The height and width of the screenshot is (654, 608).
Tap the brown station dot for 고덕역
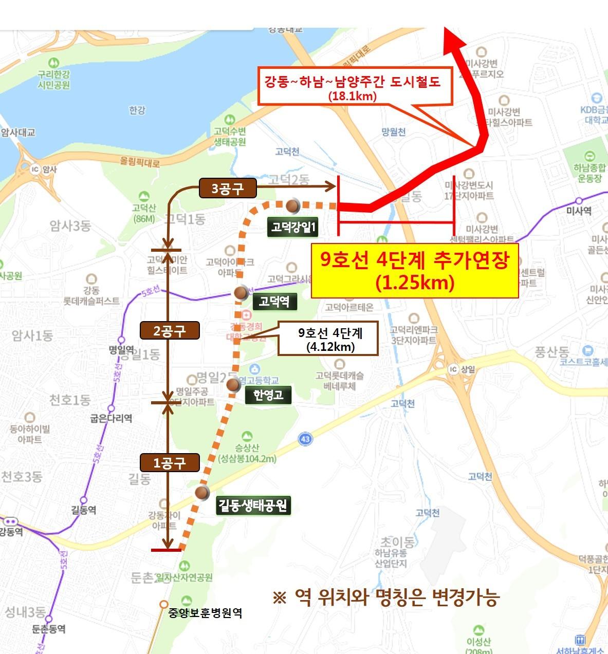pos(241,293)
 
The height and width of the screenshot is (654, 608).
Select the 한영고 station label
pos(268,395)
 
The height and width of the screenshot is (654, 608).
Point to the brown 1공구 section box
pos(169,463)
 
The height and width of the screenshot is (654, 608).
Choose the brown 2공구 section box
pos(169,330)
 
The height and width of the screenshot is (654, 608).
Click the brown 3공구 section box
pos(227,189)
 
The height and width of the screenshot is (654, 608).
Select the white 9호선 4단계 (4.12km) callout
pos(328,339)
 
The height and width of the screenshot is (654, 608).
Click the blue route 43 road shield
pos(305,439)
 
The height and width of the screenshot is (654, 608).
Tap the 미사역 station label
pos(579,211)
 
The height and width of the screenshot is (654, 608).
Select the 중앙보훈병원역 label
pos(205,612)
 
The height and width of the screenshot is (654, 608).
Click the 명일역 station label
pos(121,350)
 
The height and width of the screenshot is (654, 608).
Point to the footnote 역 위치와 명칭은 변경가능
pos(386,597)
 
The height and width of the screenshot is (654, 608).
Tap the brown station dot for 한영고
pos(233,384)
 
